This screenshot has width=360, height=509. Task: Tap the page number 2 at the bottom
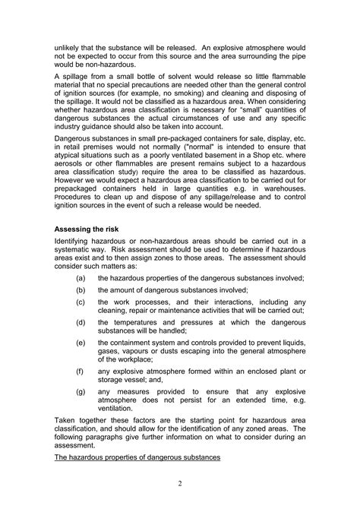180,483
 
